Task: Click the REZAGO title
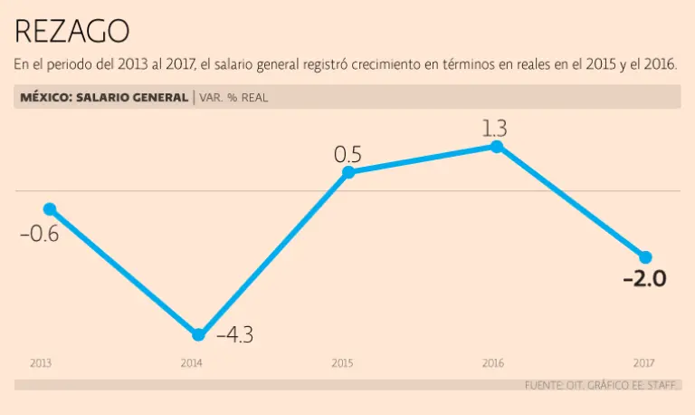(72, 32)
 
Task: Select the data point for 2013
(50, 208)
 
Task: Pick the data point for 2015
(348, 171)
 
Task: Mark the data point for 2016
(496, 145)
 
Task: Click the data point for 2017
(645, 256)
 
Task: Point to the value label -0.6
(40, 234)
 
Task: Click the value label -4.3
(234, 334)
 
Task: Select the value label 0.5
(347, 155)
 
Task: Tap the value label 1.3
(494, 129)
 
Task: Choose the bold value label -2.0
(644, 278)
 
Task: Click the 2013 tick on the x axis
(40, 363)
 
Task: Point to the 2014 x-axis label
(191, 363)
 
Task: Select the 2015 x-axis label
(342, 363)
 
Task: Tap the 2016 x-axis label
(492, 363)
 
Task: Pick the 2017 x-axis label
(643, 363)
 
